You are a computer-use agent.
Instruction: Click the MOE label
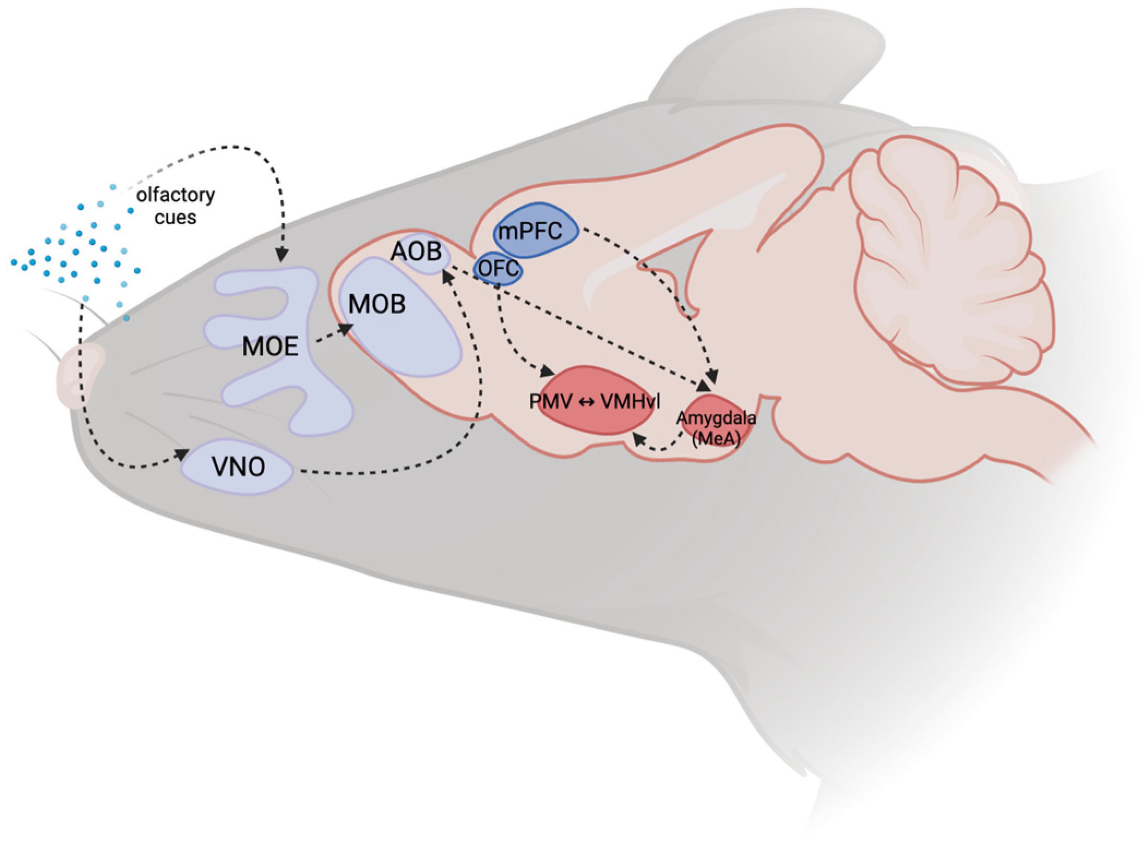pyautogui.click(x=270, y=346)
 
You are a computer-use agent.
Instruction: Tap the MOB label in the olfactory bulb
pyautogui.click(x=377, y=304)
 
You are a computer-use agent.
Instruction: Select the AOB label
pyautogui.click(x=416, y=251)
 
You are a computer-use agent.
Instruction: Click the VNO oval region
pyautogui.click(x=238, y=467)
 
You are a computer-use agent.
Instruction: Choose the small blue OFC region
pyautogui.click(x=498, y=269)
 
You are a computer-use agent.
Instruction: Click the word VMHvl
pyautogui.click(x=630, y=402)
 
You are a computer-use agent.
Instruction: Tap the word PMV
pyautogui.click(x=551, y=402)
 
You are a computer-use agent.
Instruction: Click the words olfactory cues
pyautogui.click(x=175, y=206)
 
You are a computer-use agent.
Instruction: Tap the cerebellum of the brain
pyautogui.click(x=949, y=262)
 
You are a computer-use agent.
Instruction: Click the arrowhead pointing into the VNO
pyautogui.click(x=182, y=454)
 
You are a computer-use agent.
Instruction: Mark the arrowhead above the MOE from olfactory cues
pyautogui.click(x=281, y=254)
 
